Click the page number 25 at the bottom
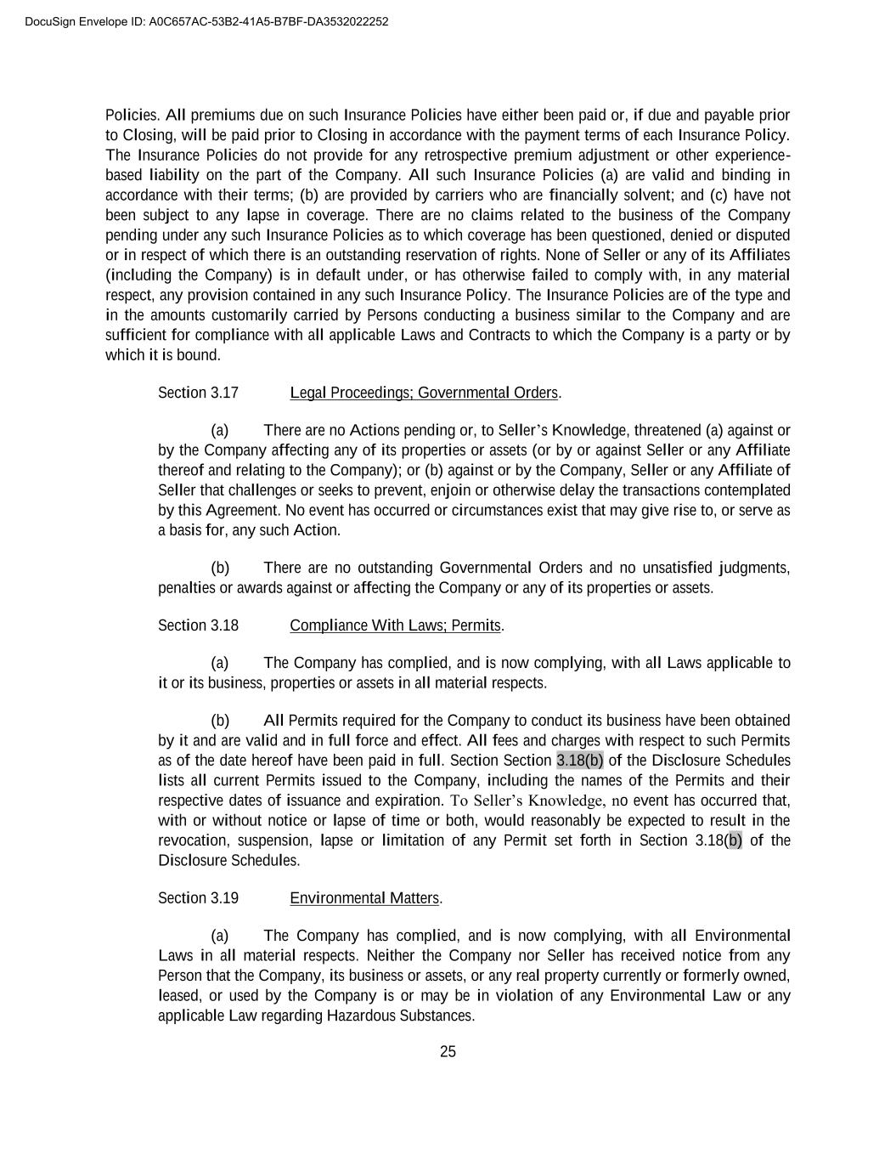point(448,1052)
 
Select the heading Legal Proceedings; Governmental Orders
point(424,393)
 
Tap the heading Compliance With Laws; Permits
point(395,625)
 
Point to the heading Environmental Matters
point(364,898)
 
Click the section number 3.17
point(224,393)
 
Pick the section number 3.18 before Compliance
point(224,625)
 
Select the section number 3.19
point(224,898)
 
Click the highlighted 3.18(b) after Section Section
point(580,761)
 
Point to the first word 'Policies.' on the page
point(132,115)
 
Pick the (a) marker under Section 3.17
point(220,430)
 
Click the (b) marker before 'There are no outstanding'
point(220,568)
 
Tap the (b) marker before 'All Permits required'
point(220,721)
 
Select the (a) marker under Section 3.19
point(220,936)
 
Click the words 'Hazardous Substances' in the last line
point(400,1016)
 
